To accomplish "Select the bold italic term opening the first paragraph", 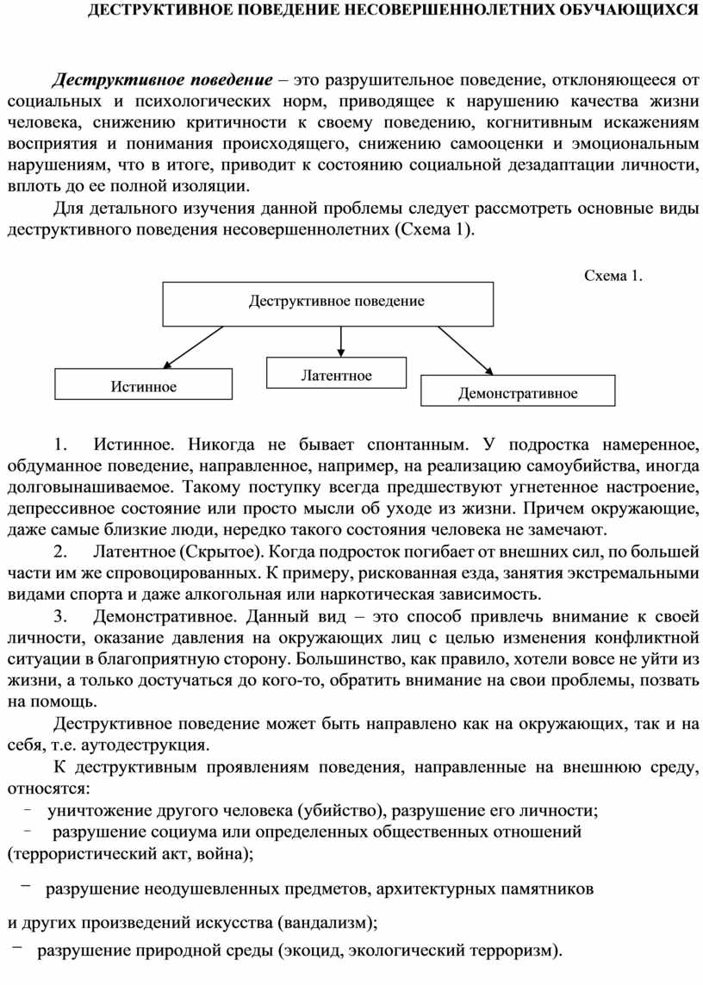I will coord(163,81).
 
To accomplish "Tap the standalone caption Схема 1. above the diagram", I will coord(613,276).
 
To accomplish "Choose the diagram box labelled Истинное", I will coord(143,385).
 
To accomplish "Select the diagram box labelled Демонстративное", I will coord(518,392).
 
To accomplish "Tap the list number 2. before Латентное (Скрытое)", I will coord(59,551).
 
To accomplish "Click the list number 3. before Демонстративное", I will coord(59,617).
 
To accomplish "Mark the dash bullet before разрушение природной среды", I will coord(17,949).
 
